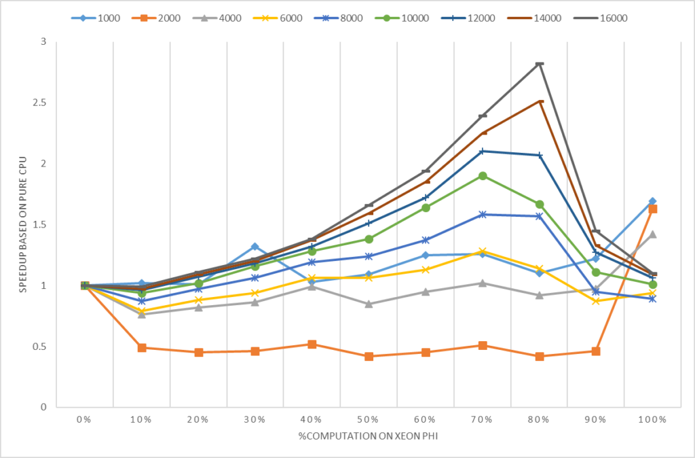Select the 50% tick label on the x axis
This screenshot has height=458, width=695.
[368, 420]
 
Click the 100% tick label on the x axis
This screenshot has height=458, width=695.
[652, 420]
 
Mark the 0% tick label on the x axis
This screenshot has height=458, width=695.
[84, 420]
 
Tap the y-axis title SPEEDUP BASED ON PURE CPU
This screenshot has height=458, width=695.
[22, 224]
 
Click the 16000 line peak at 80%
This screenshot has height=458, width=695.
[540, 64]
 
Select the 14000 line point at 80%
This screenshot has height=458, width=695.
[540, 101]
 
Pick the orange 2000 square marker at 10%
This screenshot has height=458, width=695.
[142, 347]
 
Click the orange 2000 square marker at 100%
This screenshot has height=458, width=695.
[653, 209]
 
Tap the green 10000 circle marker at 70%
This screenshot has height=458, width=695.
[483, 176]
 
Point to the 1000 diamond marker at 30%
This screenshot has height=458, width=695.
[255, 247]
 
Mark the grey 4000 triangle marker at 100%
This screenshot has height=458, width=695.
[653, 234]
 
